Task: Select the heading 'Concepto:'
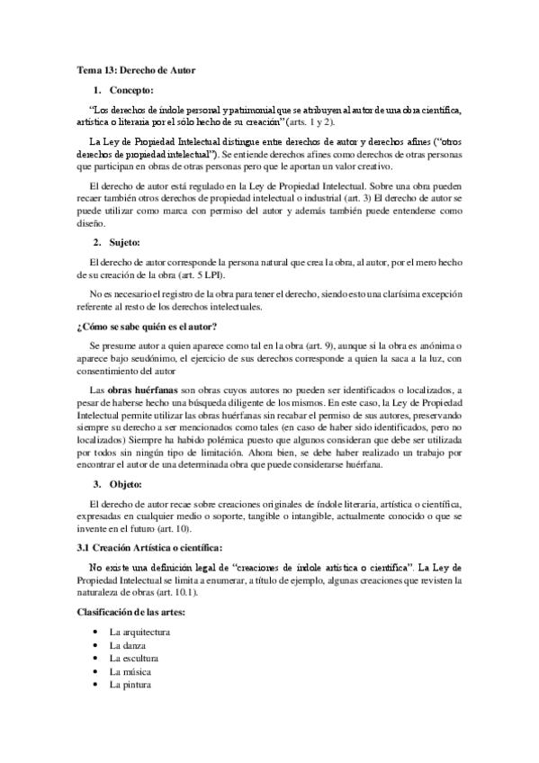click(131, 90)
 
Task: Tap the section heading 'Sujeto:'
click(125, 243)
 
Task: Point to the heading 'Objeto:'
click(126, 484)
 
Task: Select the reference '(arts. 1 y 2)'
click(312, 121)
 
